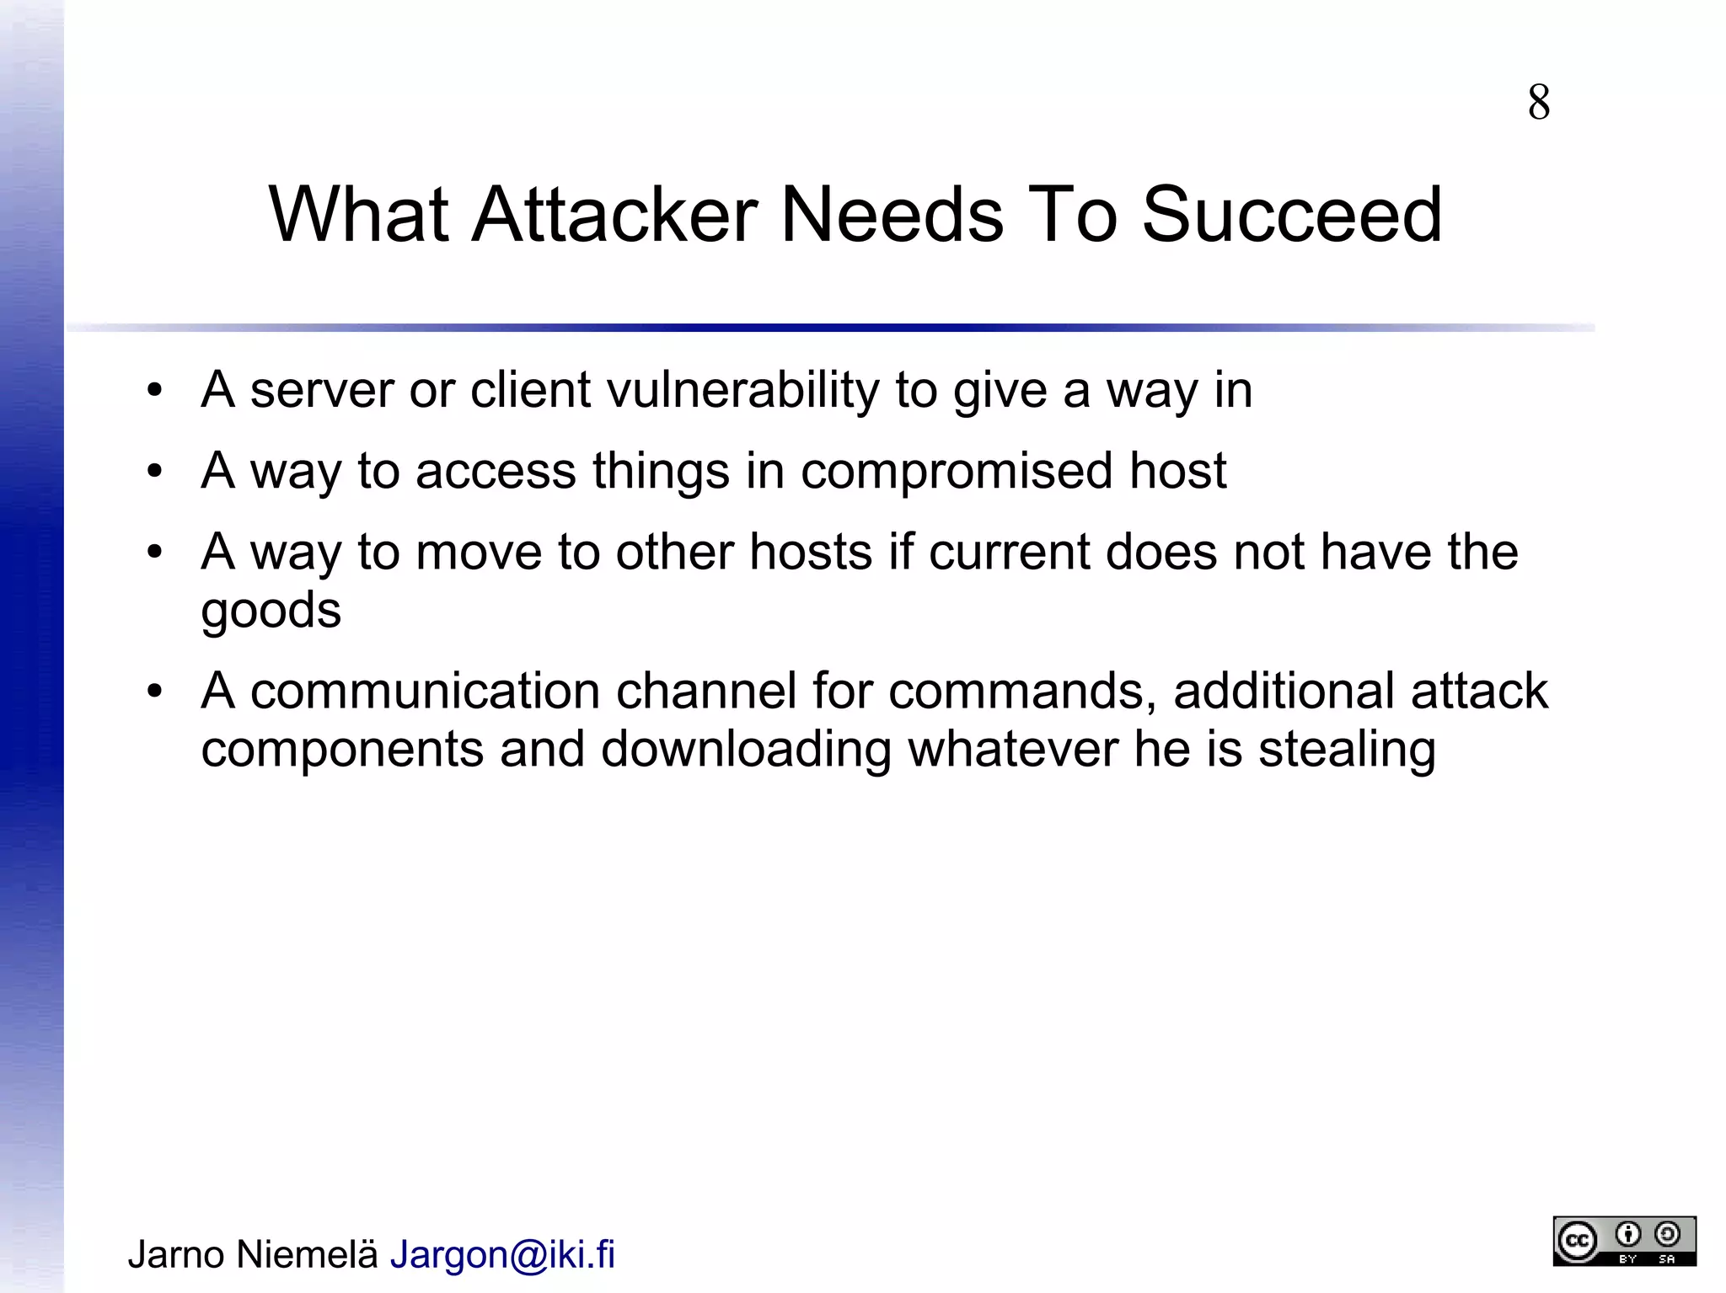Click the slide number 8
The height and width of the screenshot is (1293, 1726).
pyautogui.click(x=1538, y=103)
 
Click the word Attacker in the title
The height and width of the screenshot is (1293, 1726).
pyautogui.click(x=614, y=215)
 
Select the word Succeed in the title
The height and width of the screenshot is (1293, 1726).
pyautogui.click(x=1292, y=215)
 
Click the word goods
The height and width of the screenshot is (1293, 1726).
pyautogui.click(x=271, y=610)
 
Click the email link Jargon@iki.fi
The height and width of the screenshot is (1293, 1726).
pyautogui.click(x=502, y=1254)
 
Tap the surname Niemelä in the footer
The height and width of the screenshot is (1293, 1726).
pyautogui.click(x=307, y=1254)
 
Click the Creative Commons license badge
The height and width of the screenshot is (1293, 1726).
pyautogui.click(x=1624, y=1241)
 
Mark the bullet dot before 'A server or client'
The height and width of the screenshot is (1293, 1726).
pyautogui.click(x=154, y=391)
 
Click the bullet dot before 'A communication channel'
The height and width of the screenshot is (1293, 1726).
pyautogui.click(x=154, y=692)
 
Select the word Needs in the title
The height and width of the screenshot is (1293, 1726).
pyautogui.click(x=892, y=215)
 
